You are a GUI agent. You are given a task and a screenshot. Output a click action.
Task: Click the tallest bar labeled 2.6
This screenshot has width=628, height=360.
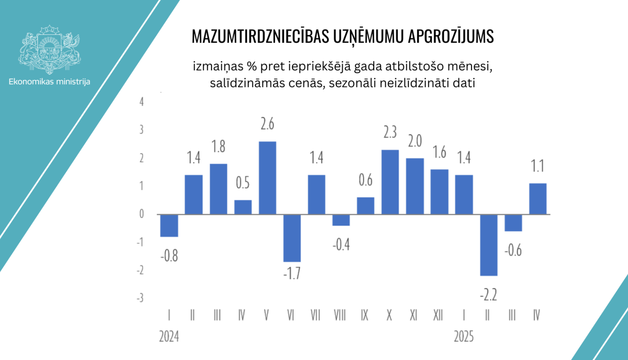(268, 178)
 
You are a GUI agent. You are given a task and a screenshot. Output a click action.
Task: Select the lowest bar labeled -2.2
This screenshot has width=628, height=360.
(489, 245)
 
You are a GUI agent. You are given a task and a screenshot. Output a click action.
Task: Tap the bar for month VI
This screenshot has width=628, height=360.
(292, 238)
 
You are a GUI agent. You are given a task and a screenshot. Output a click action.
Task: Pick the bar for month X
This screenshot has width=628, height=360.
(390, 182)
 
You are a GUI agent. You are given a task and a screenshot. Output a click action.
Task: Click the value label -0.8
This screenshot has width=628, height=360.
(169, 255)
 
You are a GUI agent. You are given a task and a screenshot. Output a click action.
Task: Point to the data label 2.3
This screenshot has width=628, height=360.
(390, 132)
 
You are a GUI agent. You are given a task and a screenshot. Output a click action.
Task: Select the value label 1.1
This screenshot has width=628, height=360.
(538, 166)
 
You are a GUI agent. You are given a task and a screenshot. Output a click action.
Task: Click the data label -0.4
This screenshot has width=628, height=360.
(341, 244)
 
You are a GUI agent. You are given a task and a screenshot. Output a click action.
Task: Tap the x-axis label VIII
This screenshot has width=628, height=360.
(340, 315)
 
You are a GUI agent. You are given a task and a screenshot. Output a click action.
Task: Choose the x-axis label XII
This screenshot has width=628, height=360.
(438, 315)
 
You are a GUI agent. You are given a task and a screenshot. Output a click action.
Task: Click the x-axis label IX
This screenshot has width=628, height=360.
(365, 315)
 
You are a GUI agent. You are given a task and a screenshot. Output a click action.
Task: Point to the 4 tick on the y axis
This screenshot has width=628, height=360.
(142, 102)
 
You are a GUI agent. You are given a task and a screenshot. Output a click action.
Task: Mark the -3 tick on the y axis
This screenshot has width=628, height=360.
(140, 298)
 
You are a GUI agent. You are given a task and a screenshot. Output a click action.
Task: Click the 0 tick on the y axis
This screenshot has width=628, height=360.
(142, 214)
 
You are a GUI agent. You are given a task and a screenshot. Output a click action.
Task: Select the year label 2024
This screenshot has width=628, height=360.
(169, 337)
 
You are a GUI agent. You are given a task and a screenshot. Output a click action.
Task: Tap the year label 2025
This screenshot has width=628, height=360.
(463, 337)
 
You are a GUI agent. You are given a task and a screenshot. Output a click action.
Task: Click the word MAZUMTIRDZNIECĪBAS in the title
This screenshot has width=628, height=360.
(260, 37)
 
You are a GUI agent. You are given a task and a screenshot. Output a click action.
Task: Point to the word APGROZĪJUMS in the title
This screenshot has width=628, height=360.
(450, 37)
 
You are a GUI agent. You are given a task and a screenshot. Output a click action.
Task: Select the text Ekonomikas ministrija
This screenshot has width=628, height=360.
(49, 82)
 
